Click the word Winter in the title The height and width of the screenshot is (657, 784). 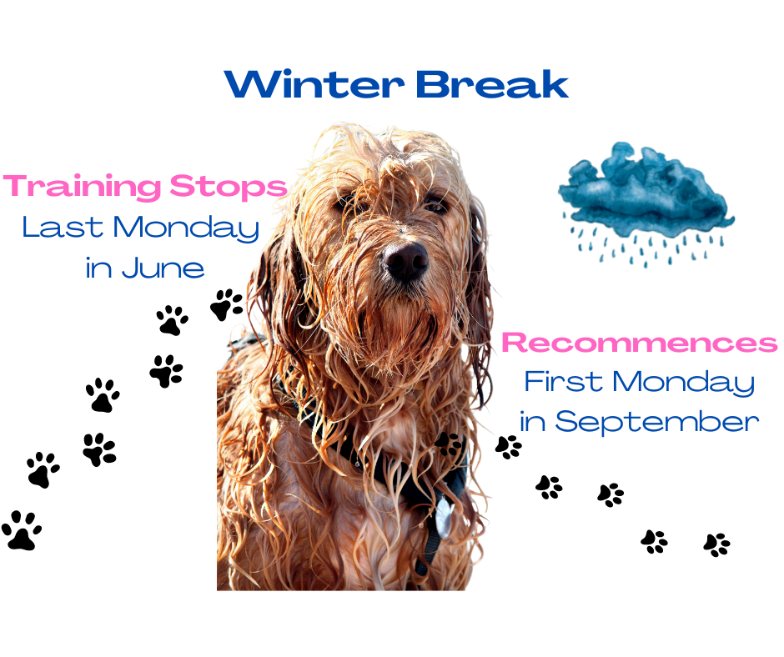tap(314, 84)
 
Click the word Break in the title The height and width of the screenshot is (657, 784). tap(492, 84)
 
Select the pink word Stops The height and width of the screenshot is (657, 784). tap(229, 187)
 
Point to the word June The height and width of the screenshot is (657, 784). tap(163, 268)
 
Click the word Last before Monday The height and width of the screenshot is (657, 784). tap(63, 228)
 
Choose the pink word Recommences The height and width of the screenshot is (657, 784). tap(640, 343)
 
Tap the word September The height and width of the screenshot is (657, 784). tap(657, 422)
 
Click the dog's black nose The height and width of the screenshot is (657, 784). tap(405, 261)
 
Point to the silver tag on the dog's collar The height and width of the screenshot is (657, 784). tap(444, 517)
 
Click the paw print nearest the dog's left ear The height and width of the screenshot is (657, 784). tap(227, 304)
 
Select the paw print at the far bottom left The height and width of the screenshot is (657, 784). tap(22, 530)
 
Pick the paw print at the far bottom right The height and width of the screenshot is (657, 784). tap(716, 544)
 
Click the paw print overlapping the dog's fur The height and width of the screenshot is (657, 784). tap(448, 444)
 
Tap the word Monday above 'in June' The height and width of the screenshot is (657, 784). tap(186, 228)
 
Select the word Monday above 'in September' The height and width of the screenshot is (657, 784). tap(684, 383)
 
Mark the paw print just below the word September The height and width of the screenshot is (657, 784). tap(509, 447)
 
